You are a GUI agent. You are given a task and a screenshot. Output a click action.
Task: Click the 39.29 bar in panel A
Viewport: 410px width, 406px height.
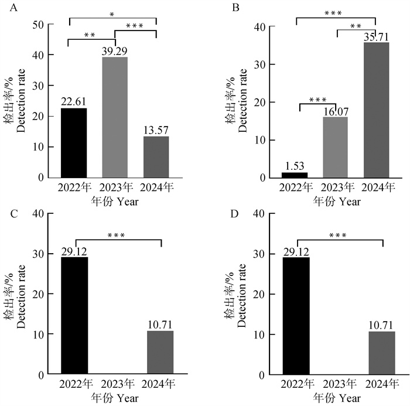(x=115, y=117)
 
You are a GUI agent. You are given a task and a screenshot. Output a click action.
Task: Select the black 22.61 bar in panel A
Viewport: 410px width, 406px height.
(x=74, y=143)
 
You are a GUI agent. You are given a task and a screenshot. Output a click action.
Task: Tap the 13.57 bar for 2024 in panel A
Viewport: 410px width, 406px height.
(x=156, y=156)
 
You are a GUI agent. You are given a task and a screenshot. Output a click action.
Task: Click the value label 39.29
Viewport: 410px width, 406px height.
(x=115, y=52)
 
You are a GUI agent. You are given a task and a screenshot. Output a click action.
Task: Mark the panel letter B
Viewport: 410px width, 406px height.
(x=236, y=8)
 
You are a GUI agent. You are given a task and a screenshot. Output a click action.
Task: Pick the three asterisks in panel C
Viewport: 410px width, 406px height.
(x=117, y=237)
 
